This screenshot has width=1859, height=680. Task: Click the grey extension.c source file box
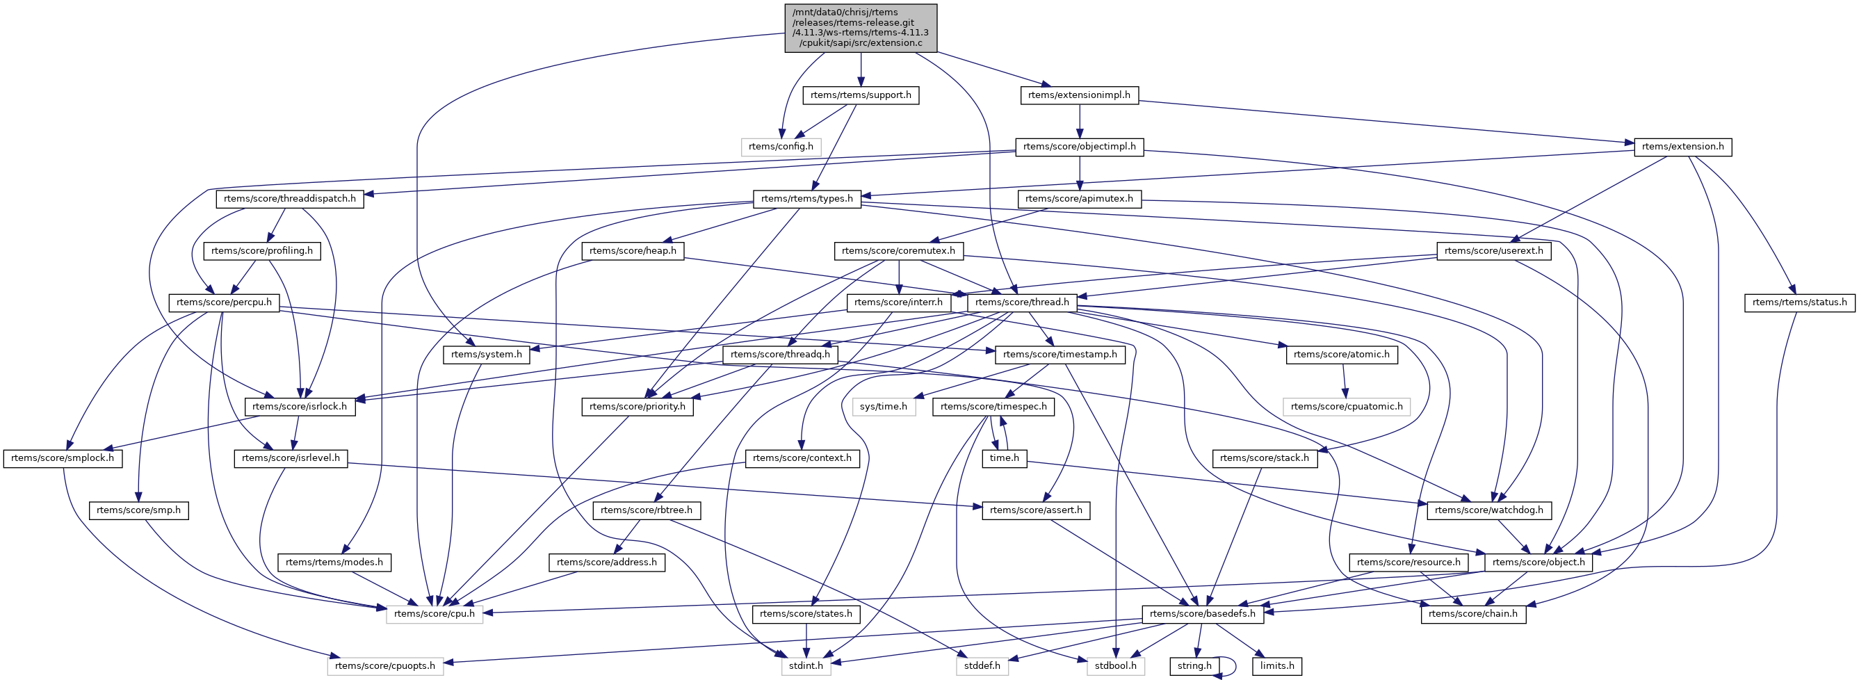pos(860,28)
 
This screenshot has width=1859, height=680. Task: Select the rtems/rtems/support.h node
pos(860,95)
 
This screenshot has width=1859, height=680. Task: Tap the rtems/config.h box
pos(780,147)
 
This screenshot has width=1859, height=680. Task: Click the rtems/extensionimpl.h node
pos(1079,95)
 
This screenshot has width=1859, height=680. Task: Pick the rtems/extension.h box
pos(1682,147)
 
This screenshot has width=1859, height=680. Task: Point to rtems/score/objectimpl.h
pos(1079,147)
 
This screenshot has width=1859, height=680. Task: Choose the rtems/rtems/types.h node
pos(807,199)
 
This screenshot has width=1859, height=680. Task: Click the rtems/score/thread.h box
pos(1022,302)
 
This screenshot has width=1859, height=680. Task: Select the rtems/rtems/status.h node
pos(1799,302)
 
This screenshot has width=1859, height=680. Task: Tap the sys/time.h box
pos(884,407)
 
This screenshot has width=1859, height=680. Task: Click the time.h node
pos(1004,458)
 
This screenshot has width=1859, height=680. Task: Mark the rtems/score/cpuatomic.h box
pos(1346,407)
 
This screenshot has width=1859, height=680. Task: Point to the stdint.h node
pos(805,665)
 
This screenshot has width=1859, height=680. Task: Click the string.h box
pos(1194,665)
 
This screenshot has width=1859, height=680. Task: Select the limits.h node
pos(1276,665)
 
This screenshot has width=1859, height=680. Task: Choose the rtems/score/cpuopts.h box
pos(384,665)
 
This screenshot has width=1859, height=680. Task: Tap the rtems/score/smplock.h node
pos(62,458)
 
